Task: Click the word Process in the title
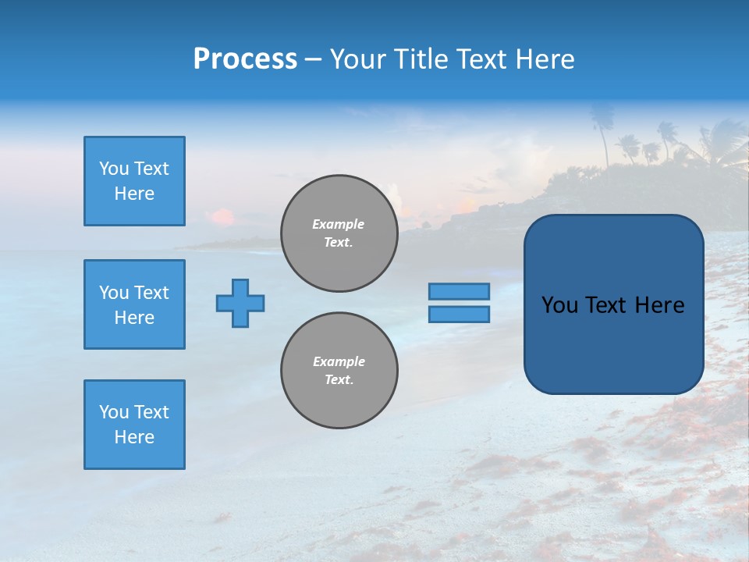tap(245, 59)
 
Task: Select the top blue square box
tap(134, 181)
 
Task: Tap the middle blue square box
tap(134, 304)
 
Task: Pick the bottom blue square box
tap(134, 425)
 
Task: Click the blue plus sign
tap(240, 303)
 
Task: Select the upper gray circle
tap(339, 233)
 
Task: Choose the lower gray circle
tap(339, 371)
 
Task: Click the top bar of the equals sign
tap(459, 291)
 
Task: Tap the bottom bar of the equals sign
tap(459, 315)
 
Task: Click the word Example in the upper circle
tap(339, 224)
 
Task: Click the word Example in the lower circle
tap(339, 361)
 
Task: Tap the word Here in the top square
tap(134, 194)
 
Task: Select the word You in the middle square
tap(113, 293)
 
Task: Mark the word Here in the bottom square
tap(134, 437)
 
